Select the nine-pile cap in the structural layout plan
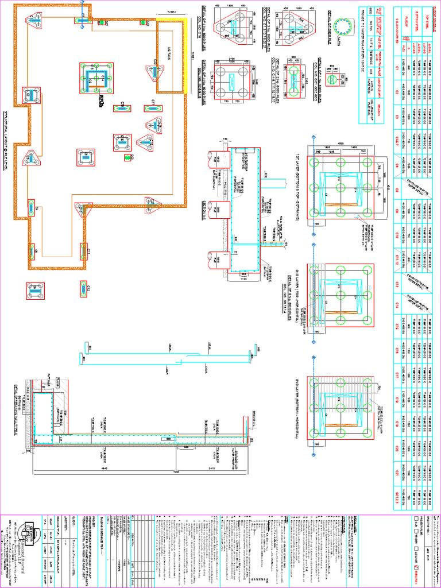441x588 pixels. tap(95, 78)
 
